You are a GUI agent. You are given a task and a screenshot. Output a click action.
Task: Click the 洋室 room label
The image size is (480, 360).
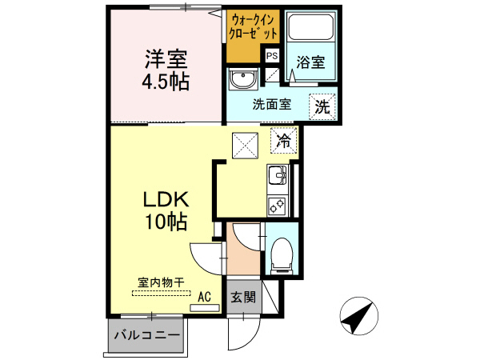click(166, 58)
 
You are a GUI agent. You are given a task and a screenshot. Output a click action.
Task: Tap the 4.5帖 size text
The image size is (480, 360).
click(166, 82)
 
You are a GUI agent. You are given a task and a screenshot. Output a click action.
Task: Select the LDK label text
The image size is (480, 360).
click(166, 198)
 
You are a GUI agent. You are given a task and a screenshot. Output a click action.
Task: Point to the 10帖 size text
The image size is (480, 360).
click(166, 222)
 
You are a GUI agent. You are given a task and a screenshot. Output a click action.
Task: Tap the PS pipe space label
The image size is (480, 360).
click(272, 55)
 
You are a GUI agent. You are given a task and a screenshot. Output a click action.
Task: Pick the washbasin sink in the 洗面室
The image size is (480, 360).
click(242, 80)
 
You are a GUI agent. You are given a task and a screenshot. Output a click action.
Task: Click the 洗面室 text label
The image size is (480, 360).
click(271, 104)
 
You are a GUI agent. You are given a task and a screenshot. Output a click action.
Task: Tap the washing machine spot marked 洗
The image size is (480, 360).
click(322, 104)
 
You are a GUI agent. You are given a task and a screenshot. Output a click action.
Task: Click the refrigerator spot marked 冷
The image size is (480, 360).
click(283, 142)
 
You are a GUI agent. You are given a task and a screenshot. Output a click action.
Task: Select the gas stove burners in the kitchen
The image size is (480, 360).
click(277, 204)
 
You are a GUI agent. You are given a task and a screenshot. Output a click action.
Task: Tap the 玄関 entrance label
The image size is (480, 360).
click(243, 298)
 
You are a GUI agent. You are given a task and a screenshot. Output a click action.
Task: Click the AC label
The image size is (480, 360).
click(204, 297)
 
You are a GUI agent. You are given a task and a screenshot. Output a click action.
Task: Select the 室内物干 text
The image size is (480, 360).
click(161, 282)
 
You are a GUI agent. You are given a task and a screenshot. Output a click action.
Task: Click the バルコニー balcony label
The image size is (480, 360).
click(145, 335)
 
